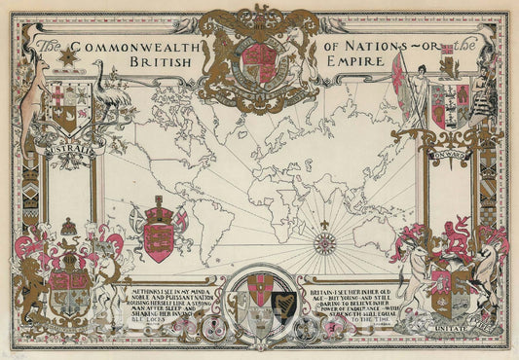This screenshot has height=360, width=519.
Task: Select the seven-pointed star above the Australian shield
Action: click(x=66, y=57)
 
